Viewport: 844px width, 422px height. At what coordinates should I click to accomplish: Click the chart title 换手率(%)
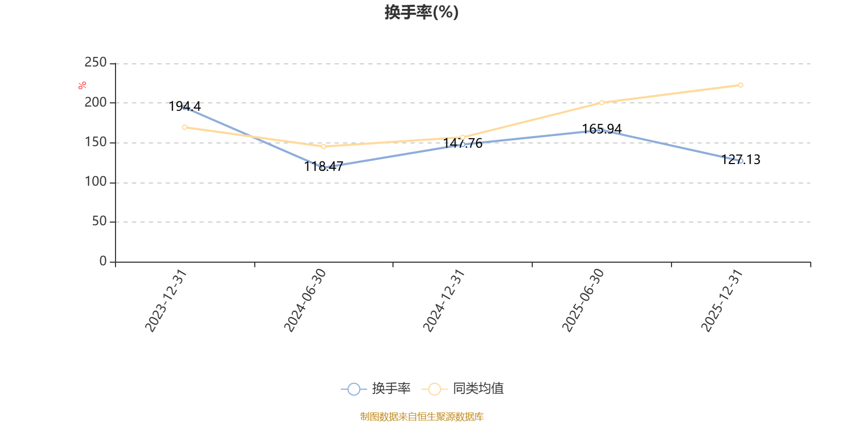(x=421, y=13)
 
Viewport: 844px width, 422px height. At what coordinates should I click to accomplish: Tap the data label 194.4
(x=185, y=107)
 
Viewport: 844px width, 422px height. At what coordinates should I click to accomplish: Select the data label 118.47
(x=324, y=167)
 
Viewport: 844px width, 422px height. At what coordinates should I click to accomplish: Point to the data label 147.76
(x=463, y=143)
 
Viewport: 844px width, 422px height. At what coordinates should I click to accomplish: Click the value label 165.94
(x=602, y=129)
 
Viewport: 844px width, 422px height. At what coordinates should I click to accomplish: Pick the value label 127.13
(x=741, y=160)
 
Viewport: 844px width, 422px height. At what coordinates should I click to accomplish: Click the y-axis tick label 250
(x=95, y=63)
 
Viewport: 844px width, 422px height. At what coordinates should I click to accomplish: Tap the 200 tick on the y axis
(x=95, y=102)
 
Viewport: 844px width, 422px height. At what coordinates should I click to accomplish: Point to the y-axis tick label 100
(x=95, y=182)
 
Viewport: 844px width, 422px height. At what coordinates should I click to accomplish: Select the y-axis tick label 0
(x=103, y=261)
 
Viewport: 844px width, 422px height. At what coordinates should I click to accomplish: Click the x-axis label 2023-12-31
(x=166, y=301)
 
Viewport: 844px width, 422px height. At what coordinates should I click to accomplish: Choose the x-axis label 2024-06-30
(x=304, y=301)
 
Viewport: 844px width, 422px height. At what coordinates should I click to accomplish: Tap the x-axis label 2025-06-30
(x=583, y=301)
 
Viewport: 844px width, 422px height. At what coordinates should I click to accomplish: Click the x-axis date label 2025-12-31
(x=722, y=301)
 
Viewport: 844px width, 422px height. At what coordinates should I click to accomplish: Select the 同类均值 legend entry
(x=463, y=388)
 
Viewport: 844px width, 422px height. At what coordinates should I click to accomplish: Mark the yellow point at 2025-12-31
(x=741, y=85)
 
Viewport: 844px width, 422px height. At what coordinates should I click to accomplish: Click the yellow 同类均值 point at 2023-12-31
(x=185, y=127)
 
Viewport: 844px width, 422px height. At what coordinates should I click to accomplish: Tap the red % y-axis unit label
(x=82, y=85)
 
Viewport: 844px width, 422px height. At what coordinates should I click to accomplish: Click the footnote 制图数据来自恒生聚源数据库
(x=421, y=416)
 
